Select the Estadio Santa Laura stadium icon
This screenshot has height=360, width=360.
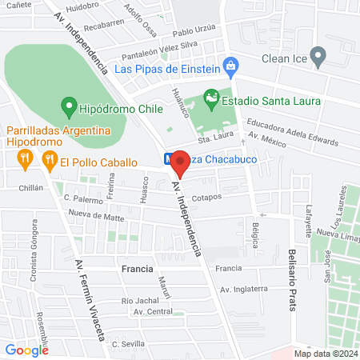[x=211, y=100]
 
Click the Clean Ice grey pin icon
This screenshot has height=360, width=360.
[x=318, y=58]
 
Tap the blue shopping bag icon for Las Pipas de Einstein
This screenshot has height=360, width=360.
[x=230, y=66]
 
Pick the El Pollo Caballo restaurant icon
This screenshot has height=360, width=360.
[x=50, y=159]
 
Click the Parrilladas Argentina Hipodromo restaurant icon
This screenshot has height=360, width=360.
[x=25, y=159]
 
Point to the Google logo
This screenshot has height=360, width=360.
[x=26, y=350]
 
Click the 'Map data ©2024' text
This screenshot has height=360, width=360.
[x=325, y=354]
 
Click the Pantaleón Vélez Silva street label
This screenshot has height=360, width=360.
[x=159, y=50]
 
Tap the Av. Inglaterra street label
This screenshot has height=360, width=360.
[x=243, y=289]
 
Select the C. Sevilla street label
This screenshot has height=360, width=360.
[x=127, y=344]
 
